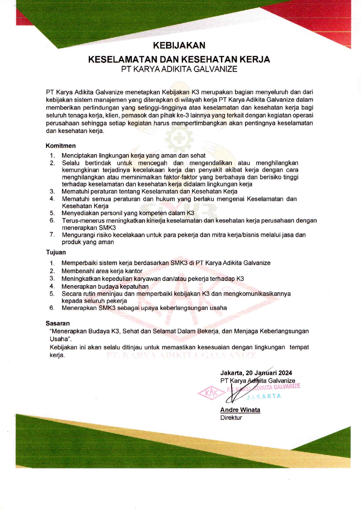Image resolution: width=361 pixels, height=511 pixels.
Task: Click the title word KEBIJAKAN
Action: [179, 45]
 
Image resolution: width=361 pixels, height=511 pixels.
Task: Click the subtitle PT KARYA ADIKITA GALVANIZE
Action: [179, 69]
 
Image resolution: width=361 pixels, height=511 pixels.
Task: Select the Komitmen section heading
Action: [61, 146]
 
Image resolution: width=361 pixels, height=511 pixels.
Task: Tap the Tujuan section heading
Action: [56, 252]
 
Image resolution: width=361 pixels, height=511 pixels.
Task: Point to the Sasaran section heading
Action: [58, 323]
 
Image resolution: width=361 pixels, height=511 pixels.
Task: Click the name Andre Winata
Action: [240, 410]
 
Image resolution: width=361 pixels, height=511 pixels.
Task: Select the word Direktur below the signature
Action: [231, 418]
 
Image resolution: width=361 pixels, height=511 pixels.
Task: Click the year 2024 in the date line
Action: [285, 373]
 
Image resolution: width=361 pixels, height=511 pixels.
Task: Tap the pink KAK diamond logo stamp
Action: [212, 393]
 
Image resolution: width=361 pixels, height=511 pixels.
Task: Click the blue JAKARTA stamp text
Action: [264, 396]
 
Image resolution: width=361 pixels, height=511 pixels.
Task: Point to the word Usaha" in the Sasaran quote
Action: [61, 339]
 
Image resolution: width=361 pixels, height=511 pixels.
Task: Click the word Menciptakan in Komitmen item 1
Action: [79, 156]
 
